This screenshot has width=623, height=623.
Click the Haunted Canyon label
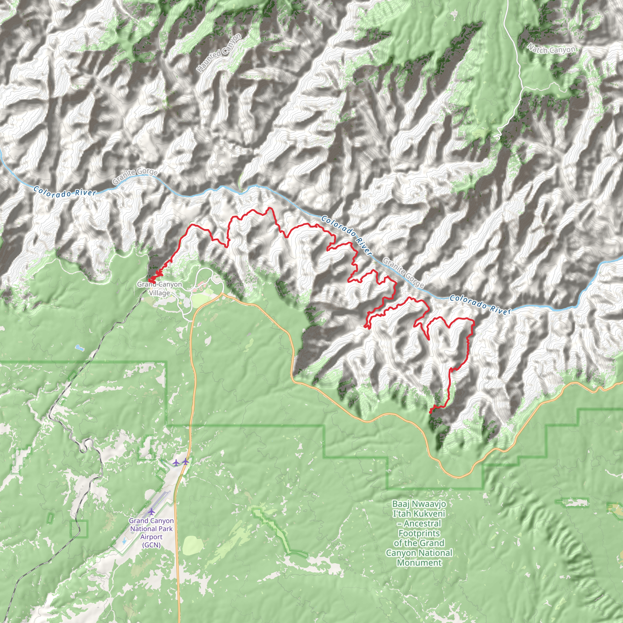219,53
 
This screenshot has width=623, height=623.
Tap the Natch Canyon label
552,49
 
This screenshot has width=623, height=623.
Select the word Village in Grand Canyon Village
159,293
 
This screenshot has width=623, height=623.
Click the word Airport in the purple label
151,537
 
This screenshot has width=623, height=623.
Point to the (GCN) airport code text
151,545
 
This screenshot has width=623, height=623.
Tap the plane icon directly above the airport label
151,511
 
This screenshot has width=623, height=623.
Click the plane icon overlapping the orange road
186,461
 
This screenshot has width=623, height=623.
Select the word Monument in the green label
419,563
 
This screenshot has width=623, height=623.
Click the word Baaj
401,504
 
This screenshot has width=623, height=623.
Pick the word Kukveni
427,513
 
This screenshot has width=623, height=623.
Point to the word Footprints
419,533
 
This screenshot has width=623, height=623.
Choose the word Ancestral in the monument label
422,523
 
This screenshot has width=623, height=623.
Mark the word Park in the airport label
165,529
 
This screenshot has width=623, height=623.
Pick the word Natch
538,48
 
